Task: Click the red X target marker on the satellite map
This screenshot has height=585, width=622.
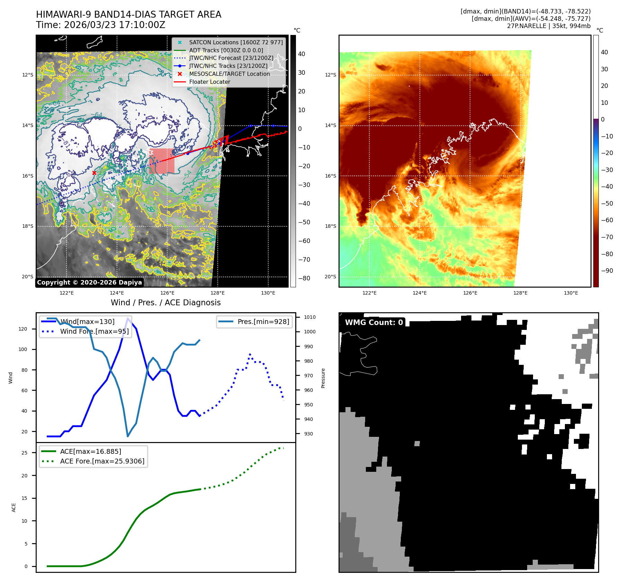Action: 94,173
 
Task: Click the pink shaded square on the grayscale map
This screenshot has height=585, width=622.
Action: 162,161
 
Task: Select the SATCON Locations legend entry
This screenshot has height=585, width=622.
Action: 236,43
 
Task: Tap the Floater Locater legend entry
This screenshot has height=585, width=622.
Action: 209,82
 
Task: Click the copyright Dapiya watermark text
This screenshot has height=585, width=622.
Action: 89,282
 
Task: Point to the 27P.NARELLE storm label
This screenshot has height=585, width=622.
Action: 526,26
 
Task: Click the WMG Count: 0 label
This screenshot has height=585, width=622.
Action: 374,323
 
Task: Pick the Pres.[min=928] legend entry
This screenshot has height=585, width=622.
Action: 263,322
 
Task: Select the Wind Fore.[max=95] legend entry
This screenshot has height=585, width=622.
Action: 94,332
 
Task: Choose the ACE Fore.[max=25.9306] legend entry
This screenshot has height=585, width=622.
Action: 102,461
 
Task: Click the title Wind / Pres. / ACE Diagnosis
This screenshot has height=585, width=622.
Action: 165,303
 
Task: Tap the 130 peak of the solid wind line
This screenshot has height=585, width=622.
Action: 128,318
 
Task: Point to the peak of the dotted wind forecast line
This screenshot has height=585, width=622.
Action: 250,354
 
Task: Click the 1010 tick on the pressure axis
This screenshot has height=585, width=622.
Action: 310,317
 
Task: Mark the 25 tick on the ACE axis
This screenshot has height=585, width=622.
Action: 25,453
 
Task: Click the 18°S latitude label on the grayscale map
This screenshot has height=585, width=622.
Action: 28,226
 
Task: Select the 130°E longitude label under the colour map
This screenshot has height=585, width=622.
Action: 571,293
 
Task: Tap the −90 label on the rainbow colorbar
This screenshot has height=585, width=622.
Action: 607,271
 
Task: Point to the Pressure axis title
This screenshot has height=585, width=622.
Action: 323,378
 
